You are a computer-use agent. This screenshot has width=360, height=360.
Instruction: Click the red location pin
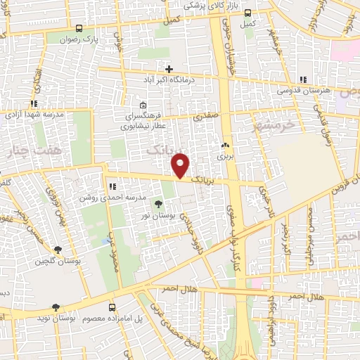(181, 165)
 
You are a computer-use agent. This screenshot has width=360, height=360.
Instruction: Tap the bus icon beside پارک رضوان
(79, 29)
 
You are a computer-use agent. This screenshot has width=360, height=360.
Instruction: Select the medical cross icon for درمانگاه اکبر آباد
(169, 68)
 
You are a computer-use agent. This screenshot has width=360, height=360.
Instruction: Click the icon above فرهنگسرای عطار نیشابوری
(143, 105)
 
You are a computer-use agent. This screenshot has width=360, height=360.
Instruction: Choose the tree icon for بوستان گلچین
(58, 249)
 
